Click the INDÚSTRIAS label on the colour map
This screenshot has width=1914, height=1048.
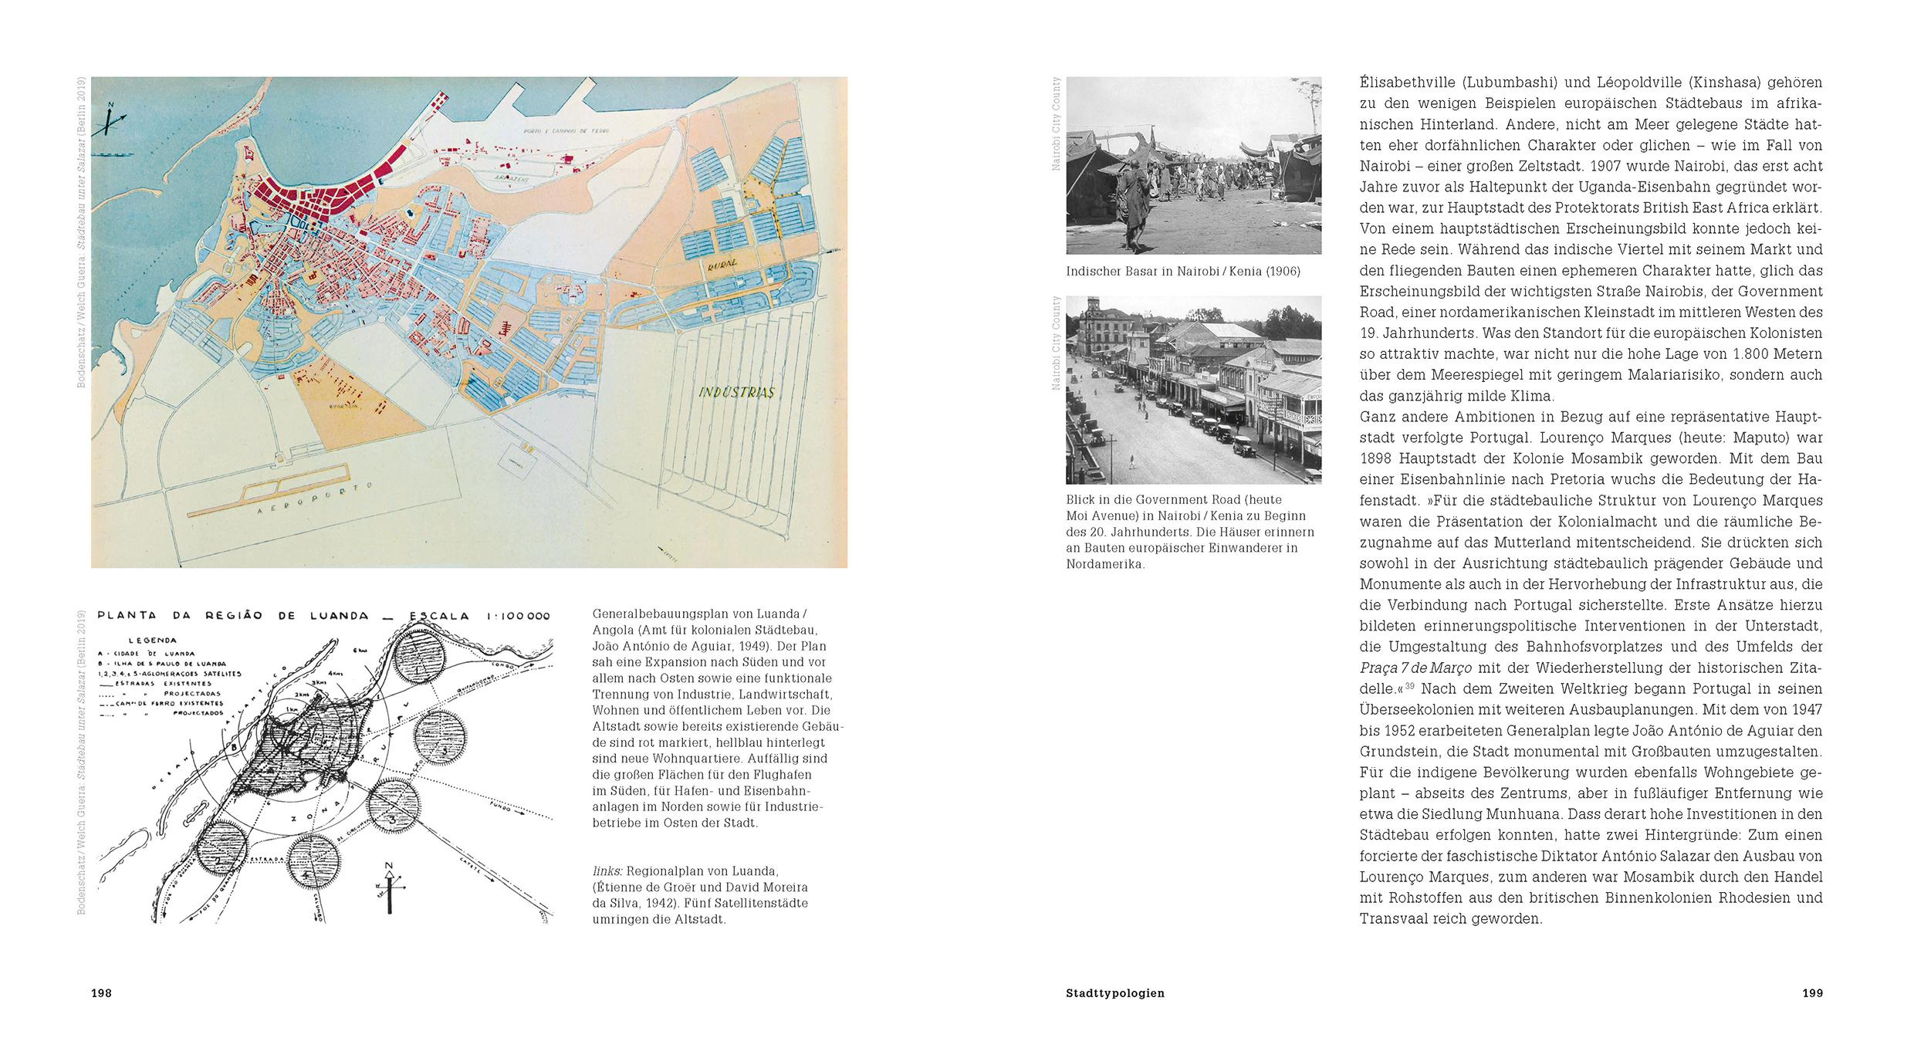[x=736, y=392]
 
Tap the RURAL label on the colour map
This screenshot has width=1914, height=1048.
[x=720, y=264]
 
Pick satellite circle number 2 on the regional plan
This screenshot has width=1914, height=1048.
[x=221, y=857]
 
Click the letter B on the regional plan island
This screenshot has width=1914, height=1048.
[x=232, y=747]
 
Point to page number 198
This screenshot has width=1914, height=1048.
[x=101, y=993]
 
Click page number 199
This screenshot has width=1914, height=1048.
[x=1812, y=993]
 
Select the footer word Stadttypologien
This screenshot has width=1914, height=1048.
[x=1114, y=993]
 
